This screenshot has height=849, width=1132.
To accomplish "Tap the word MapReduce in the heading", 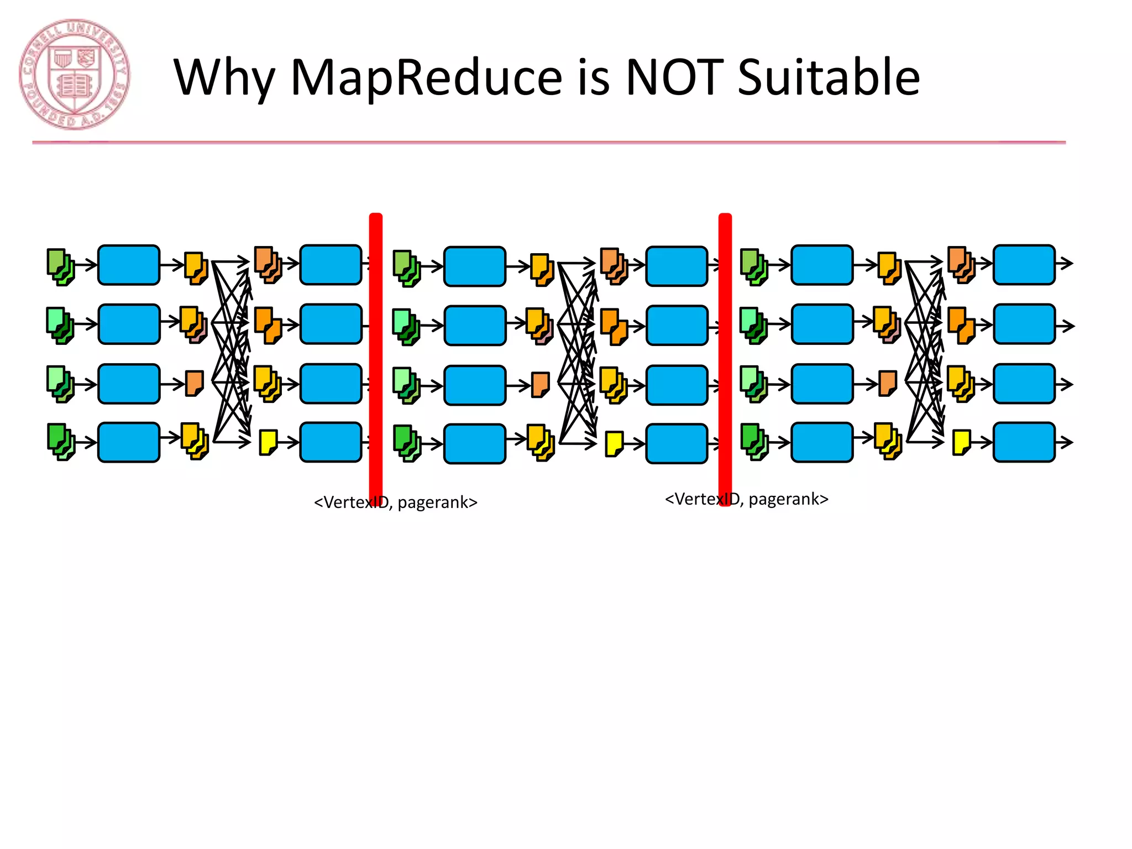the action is coord(427,77).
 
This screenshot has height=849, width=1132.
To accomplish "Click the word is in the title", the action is coord(593,77).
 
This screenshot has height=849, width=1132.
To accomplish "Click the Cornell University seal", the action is coord(75,75).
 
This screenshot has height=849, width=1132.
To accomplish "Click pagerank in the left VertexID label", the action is coord(437,502).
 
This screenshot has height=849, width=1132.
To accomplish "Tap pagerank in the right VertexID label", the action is coord(788,499).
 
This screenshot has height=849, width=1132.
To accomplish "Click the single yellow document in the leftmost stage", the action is coord(269,442).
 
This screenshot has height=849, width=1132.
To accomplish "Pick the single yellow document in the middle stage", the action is coord(615,444).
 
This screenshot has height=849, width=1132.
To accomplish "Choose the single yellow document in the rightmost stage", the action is coord(962,442).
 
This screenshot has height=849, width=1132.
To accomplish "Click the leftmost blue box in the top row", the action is coord(129,265).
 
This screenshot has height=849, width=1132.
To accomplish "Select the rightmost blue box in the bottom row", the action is coord(1024,442).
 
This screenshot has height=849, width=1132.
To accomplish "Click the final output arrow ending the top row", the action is coord(1065,264).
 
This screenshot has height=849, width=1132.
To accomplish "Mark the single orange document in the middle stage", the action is coord(541,385).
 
